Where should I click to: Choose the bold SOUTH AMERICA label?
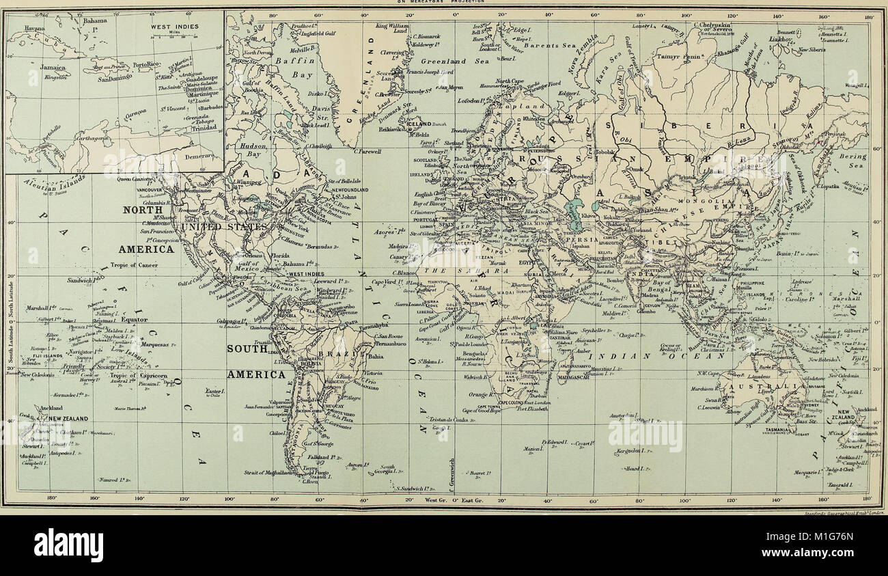click(256, 361)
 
